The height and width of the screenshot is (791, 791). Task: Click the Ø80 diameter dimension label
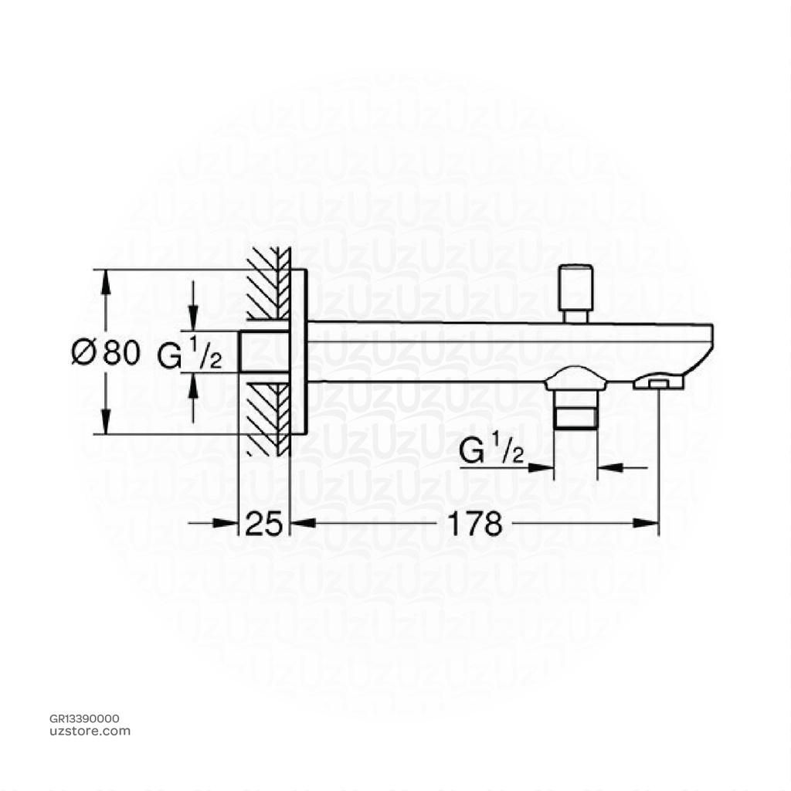click(106, 353)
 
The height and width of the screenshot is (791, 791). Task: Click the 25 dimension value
click(263, 524)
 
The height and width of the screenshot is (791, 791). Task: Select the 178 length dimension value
click(474, 524)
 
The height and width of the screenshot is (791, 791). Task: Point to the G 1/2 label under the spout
click(492, 451)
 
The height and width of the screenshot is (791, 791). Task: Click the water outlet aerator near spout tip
click(658, 382)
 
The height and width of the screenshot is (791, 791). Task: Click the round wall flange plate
click(299, 352)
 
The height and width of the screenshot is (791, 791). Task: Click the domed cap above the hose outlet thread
click(575, 378)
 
